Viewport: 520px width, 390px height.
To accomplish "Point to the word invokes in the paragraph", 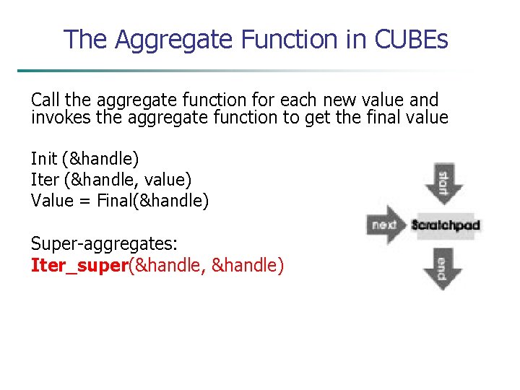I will (x=56, y=117).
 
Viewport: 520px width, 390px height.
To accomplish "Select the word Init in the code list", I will (x=43, y=158).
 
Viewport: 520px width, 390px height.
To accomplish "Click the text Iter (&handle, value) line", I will (x=110, y=179).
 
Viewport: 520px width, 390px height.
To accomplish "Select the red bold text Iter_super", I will (x=79, y=265).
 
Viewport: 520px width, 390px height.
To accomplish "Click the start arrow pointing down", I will (x=441, y=183).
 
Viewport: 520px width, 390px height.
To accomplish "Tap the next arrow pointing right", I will (x=386, y=225).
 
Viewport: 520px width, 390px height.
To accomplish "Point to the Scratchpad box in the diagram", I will (x=445, y=225).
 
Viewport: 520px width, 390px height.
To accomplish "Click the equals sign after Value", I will (x=84, y=201).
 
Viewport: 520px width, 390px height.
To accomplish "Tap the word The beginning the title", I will (x=84, y=39).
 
